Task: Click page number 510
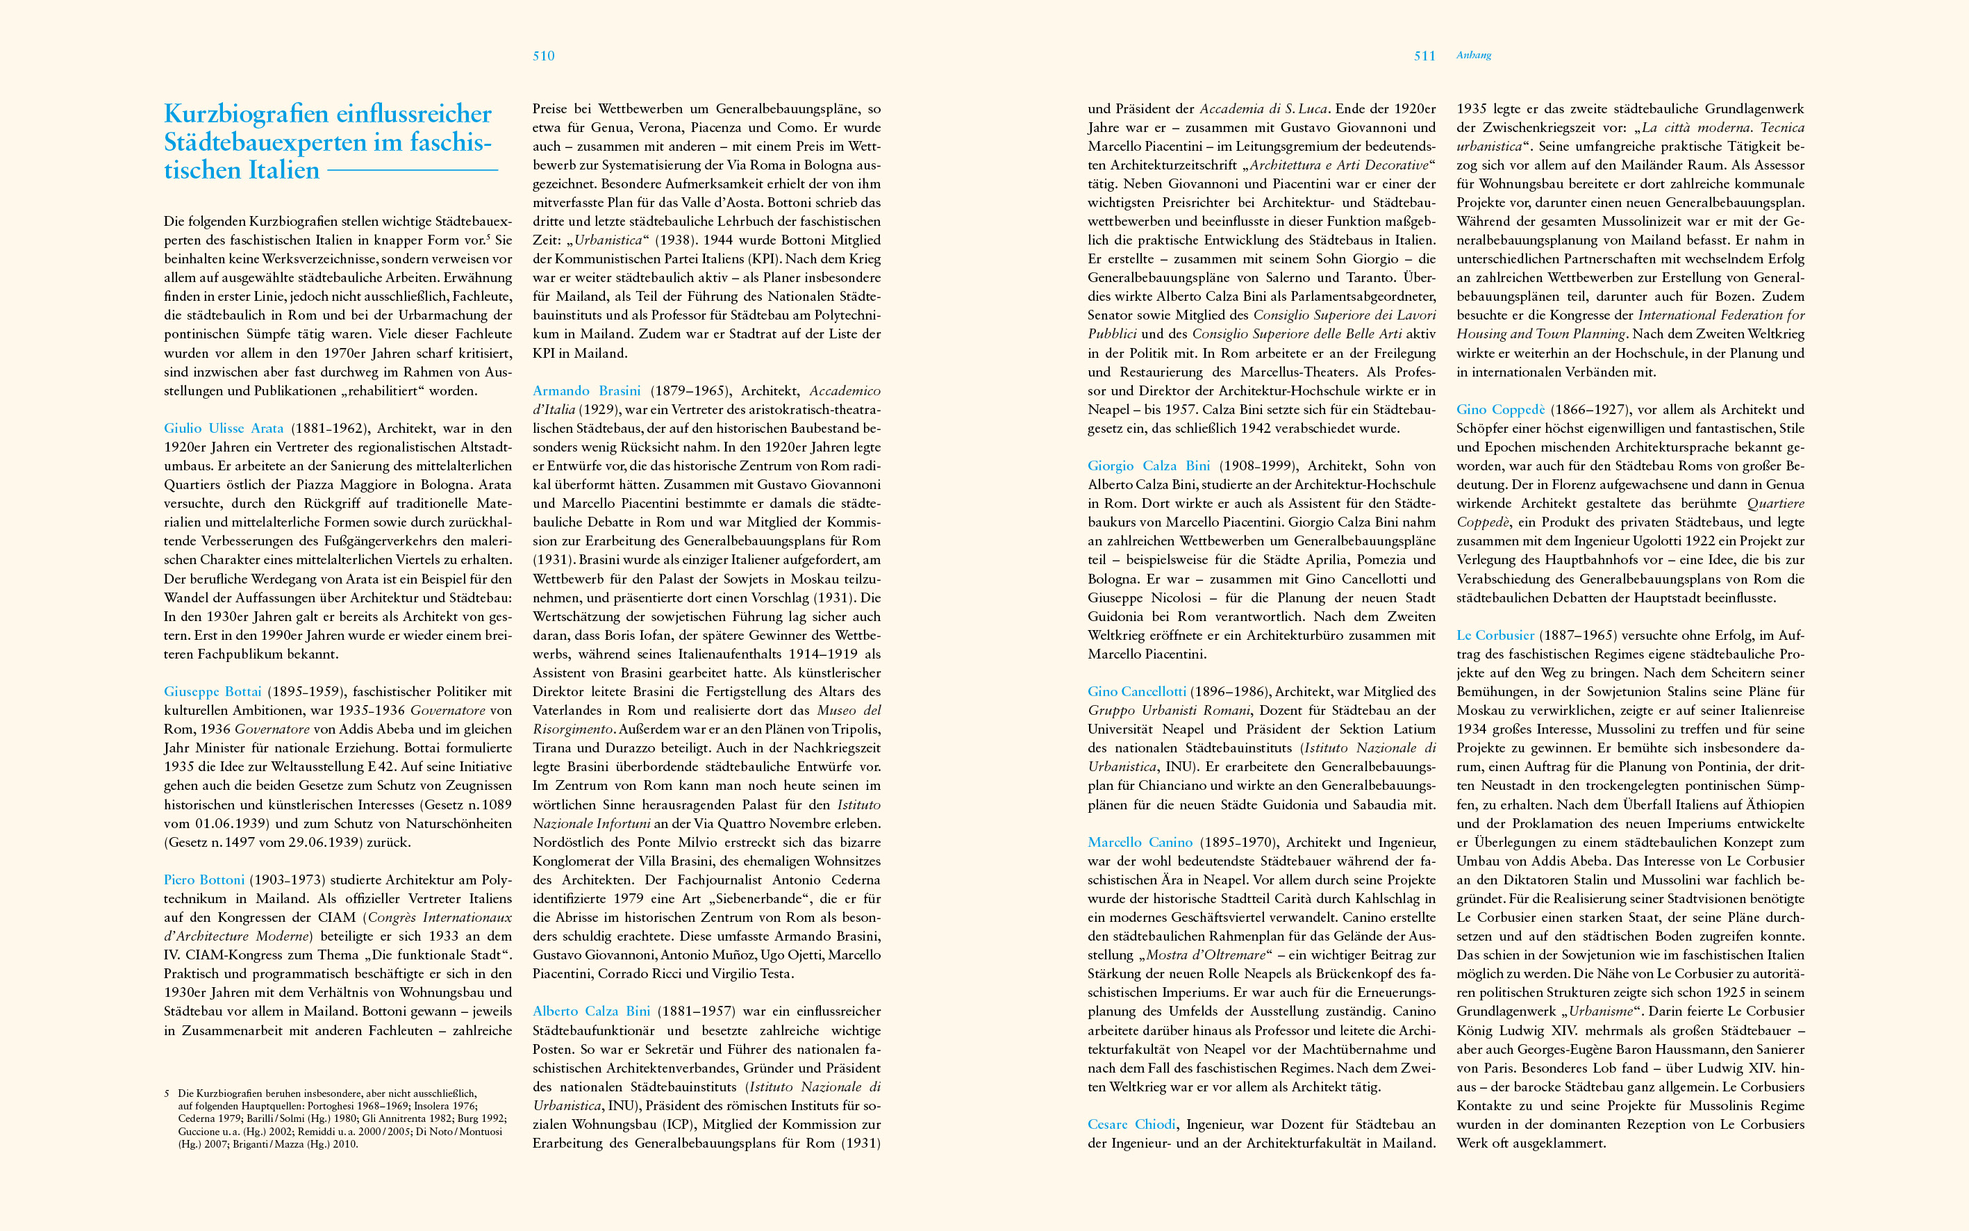point(543,56)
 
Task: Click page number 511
point(1424,56)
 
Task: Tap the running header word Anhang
point(1473,56)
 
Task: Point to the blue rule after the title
point(412,170)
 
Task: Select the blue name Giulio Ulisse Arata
point(224,428)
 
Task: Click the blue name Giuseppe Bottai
point(213,691)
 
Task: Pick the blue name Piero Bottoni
point(203,879)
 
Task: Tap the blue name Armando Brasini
point(586,391)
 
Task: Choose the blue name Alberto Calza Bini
point(591,1011)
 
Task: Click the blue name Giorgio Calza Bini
point(1149,465)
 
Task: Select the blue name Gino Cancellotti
point(1136,691)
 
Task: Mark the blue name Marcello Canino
point(1140,842)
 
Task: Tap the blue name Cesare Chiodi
point(1131,1124)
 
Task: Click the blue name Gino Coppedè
point(1500,409)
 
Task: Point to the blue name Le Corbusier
point(1495,635)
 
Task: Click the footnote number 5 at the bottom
point(167,1093)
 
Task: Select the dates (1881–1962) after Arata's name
point(331,428)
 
